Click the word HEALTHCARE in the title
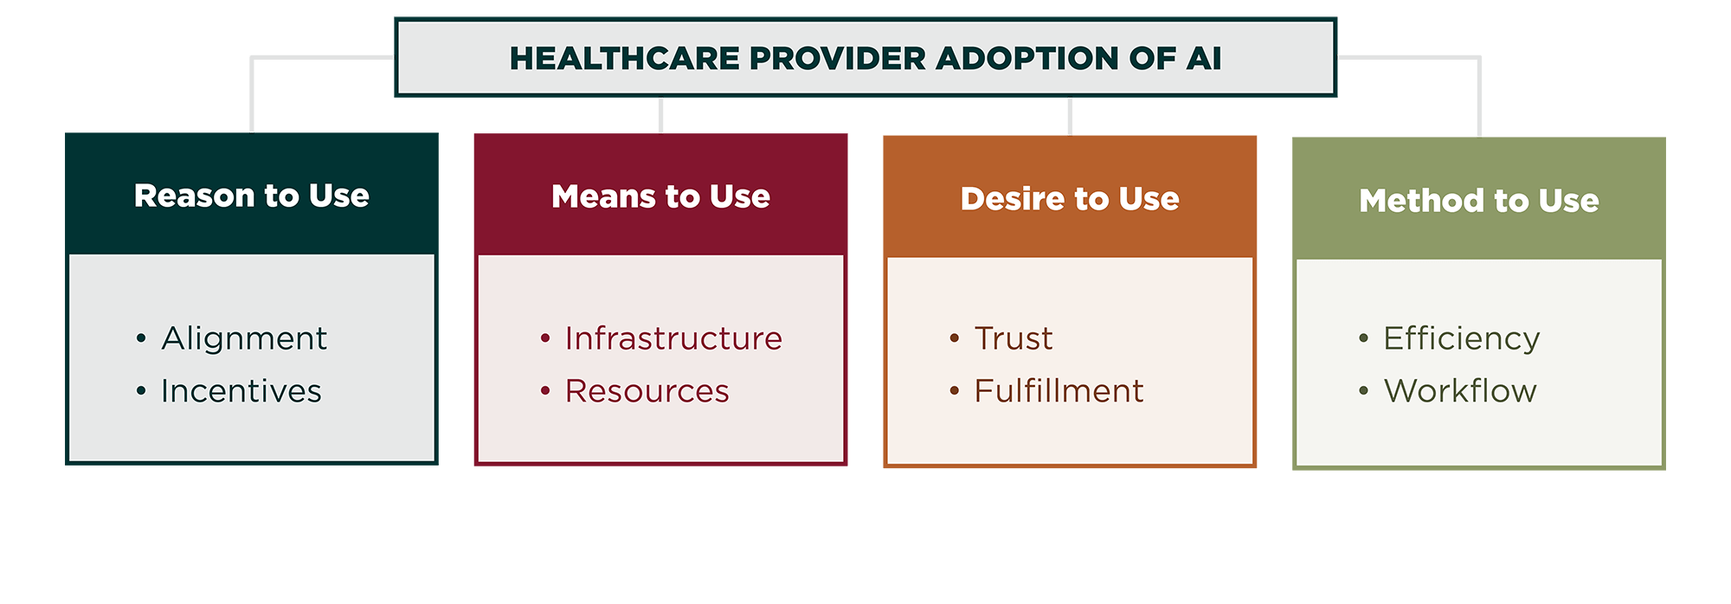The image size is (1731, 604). tap(624, 59)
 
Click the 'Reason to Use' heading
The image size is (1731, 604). tap(252, 196)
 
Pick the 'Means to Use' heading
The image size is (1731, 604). tap(660, 196)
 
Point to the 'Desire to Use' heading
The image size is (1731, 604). tap(1070, 198)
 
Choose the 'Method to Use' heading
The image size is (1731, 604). tap(1479, 201)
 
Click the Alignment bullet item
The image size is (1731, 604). tap(244, 338)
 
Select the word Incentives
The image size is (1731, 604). tap(241, 391)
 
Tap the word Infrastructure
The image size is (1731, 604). tap(673, 338)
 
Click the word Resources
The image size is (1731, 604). tap(647, 391)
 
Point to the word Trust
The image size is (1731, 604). tap(1014, 338)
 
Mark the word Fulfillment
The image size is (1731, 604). tap(1059, 391)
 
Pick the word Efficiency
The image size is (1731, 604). tap(1462, 338)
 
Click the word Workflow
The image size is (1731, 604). tap(1460, 391)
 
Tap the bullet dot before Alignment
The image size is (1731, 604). tap(141, 338)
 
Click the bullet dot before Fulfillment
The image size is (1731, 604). tap(955, 391)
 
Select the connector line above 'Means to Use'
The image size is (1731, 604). tap(660, 115)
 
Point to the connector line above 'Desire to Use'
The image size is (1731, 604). tap(1070, 116)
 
